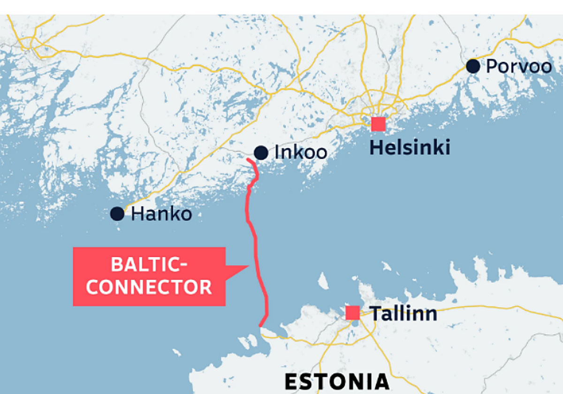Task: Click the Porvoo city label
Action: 518,67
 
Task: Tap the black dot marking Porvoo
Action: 473,66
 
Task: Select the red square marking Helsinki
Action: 378,124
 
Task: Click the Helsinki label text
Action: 410,147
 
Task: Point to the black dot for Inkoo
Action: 261,152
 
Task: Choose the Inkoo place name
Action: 301,152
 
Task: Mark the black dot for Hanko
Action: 117,214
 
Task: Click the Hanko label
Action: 161,214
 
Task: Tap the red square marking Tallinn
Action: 352,313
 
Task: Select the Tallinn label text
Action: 404,313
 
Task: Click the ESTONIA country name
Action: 337,382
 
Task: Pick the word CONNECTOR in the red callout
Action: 149,287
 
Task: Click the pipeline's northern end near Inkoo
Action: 248,161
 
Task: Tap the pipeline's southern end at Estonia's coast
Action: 260,325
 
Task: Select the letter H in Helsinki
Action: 376,147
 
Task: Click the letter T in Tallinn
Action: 376,313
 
